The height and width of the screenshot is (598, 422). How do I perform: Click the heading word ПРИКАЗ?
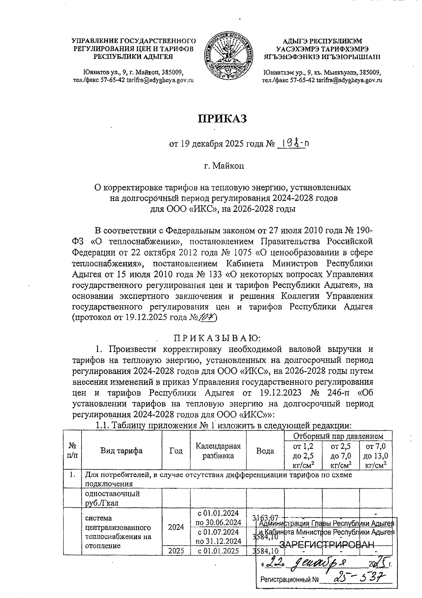click(222, 118)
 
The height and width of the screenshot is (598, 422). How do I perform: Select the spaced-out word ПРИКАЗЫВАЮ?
click(217, 338)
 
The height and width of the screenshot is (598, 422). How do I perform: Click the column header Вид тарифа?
click(121, 451)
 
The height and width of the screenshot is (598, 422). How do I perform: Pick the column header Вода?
click(265, 451)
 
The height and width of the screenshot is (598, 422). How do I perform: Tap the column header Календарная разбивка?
click(218, 451)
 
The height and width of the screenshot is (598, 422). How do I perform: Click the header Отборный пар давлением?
click(338, 436)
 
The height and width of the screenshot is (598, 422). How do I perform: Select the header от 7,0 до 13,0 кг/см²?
click(376, 456)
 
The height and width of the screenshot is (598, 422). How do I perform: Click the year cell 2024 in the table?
click(176, 527)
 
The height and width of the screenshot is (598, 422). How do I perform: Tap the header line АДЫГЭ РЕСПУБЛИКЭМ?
click(322, 41)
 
